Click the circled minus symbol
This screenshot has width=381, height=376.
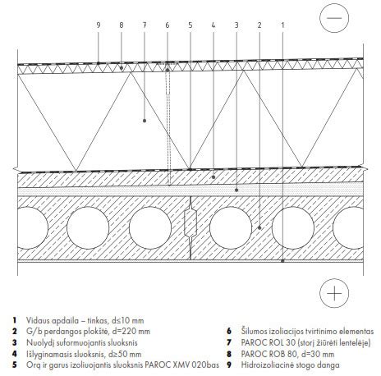click(334, 18)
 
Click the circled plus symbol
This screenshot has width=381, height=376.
click(334, 293)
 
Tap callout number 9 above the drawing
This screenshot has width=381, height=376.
click(99, 25)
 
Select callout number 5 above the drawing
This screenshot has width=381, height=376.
click(190, 25)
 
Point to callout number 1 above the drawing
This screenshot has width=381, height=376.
click(282, 25)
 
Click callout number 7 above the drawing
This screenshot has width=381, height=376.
click(145, 25)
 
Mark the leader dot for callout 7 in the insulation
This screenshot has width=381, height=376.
click(145, 121)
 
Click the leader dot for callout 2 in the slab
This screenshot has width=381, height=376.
click(259, 227)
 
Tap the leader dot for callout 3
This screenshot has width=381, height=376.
click(236, 190)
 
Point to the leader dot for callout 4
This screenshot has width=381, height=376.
click(213, 177)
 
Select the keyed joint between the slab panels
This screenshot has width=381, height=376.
click(190, 222)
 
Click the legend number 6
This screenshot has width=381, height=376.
click(229, 331)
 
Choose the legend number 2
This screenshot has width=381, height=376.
click(14, 331)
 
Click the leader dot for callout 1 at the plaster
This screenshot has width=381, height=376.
click(282, 261)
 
